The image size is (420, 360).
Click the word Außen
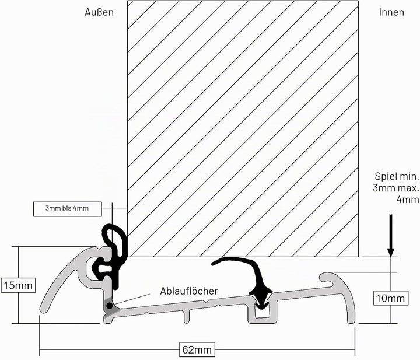99,12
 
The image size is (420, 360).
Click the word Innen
391,12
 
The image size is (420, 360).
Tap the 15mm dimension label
18,285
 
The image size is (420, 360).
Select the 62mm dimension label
197,349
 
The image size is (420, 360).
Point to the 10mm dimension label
391,298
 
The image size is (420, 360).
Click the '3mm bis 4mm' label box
68,209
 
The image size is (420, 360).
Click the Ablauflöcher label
189,291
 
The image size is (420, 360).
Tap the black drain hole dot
109,305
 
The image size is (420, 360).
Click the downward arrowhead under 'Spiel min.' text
391,252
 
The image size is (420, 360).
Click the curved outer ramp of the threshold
63,272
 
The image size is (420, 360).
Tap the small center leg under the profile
187,316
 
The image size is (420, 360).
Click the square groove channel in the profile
262,314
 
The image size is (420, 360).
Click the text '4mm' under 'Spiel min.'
408,200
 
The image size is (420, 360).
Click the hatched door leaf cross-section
243,129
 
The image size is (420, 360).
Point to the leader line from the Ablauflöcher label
132,299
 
